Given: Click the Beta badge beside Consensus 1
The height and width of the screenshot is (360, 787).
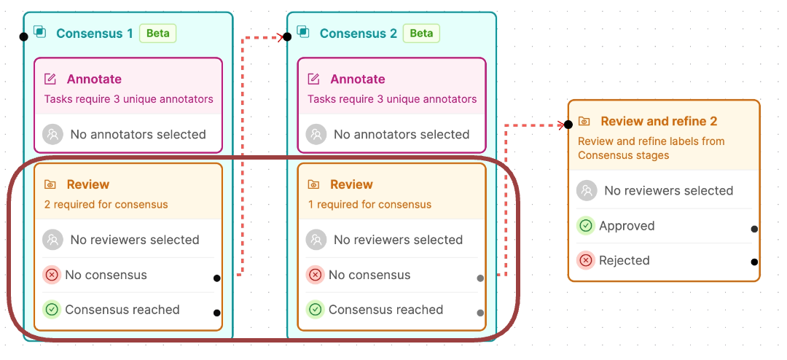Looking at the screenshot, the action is pyautogui.click(x=157, y=34).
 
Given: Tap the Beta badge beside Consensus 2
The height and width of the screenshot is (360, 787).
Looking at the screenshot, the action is pyautogui.click(x=421, y=34).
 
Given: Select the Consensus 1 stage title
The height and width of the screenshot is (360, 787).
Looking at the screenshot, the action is pyautogui.click(x=94, y=34).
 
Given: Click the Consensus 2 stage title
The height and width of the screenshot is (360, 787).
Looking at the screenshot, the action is pyautogui.click(x=358, y=34).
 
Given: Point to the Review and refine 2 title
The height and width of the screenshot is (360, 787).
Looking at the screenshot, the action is pyautogui.click(x=659, y=122).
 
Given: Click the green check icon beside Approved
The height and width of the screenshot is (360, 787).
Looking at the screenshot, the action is pyautogui.click(x=586, y=226).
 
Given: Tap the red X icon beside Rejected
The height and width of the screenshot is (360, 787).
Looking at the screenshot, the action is pyautogui.click(x=586, y=261).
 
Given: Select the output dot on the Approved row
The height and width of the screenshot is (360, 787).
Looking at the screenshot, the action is pyautogui.click(x=754, y=229).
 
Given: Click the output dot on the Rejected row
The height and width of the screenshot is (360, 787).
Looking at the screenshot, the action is pyautogui.click(x=754, y=262).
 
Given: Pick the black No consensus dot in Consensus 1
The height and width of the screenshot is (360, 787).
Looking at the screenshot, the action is pyautogui.click(x=217, y=278).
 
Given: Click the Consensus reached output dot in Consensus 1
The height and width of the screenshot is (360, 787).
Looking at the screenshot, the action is pyautogui.click(x=217, y=313).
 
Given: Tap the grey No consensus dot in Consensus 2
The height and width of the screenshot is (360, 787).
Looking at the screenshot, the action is pyautogui.click(x=480, y=278).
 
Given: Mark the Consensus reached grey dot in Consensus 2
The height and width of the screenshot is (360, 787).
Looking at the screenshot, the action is pyautogui.click(x=480, y=313).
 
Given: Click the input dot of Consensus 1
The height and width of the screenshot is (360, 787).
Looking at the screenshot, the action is pyautogui.click(x=23, y=36).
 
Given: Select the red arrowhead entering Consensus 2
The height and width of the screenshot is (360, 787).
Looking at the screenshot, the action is pyautogui.click(x=280, y=36).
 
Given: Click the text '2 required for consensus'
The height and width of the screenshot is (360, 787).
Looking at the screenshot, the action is pyautogui.click(x=106, y=205).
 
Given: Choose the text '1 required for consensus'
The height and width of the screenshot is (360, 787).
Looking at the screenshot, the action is pyautogui.click(x=369, y=205).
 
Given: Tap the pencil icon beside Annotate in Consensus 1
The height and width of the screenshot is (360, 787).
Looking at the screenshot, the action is pyautogui.click(x=50, y=79).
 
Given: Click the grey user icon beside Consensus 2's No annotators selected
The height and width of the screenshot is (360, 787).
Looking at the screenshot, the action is pyautogui.click(x=316, y=135).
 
